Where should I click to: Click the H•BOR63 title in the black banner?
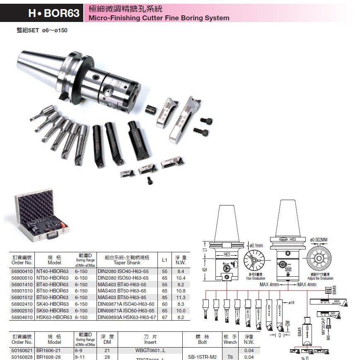coord(53,13)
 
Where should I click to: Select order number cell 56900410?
coord(22,271)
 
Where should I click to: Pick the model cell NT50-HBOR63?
coord(52,278)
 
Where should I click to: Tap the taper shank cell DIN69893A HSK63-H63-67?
coord(126,317)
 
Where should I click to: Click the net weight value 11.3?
coord(181,297)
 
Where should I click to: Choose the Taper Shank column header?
coord(127,260)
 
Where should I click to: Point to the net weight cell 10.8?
coord(181,291)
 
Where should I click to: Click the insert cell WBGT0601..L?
coord(150,350)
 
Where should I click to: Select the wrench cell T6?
coord(230,357)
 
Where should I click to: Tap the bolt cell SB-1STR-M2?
coord(203,357)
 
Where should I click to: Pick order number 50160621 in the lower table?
coord(22,350)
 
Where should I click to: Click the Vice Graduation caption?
coord(255,278)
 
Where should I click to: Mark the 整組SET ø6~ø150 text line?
coord(42,30)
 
